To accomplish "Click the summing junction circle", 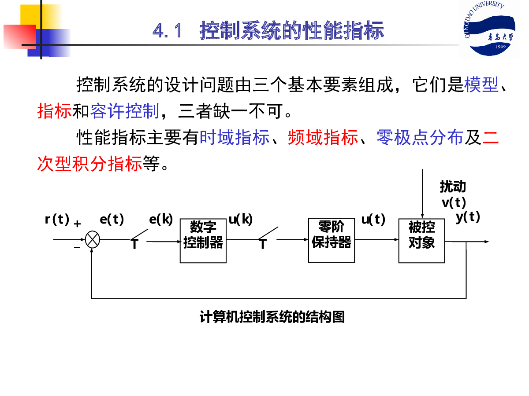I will tap(92, 240).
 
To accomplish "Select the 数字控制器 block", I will tap(203, 241).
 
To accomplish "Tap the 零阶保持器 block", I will tap(332, 240).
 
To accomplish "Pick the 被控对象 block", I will tap(421, 241).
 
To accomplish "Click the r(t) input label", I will tap(57, 219).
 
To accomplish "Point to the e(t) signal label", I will tap(112, 219).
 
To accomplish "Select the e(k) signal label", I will tap(161, 219).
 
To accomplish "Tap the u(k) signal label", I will tap(241, 219).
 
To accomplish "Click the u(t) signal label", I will tap(373, 219).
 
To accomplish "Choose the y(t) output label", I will tap(468, 217).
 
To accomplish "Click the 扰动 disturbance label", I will tap(453, 187).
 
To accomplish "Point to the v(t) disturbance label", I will tap(454, 202).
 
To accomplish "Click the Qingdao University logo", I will tap(488, 29).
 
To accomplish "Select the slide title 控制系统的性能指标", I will tap(292, 31).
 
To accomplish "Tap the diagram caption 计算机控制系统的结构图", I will tap(272, 317).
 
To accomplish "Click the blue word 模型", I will tap(481, 84).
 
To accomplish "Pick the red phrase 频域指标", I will tap(323, 138).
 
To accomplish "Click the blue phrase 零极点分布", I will tap(420, 138).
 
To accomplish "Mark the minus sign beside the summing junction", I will tap(77, 248).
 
